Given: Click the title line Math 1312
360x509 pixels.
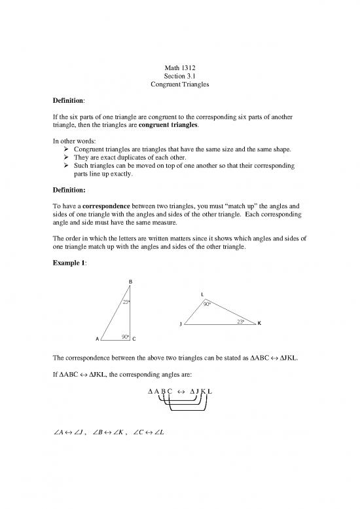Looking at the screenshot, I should coord(179,67).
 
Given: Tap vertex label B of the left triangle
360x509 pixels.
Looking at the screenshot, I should coord(130,282).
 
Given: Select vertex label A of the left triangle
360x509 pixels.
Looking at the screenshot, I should coord(97,339).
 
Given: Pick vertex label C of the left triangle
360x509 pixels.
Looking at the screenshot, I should coord(134,339).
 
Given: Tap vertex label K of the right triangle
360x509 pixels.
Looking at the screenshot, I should coord(259,324).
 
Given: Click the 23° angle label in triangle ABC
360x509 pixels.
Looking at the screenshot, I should coord(126,302).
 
